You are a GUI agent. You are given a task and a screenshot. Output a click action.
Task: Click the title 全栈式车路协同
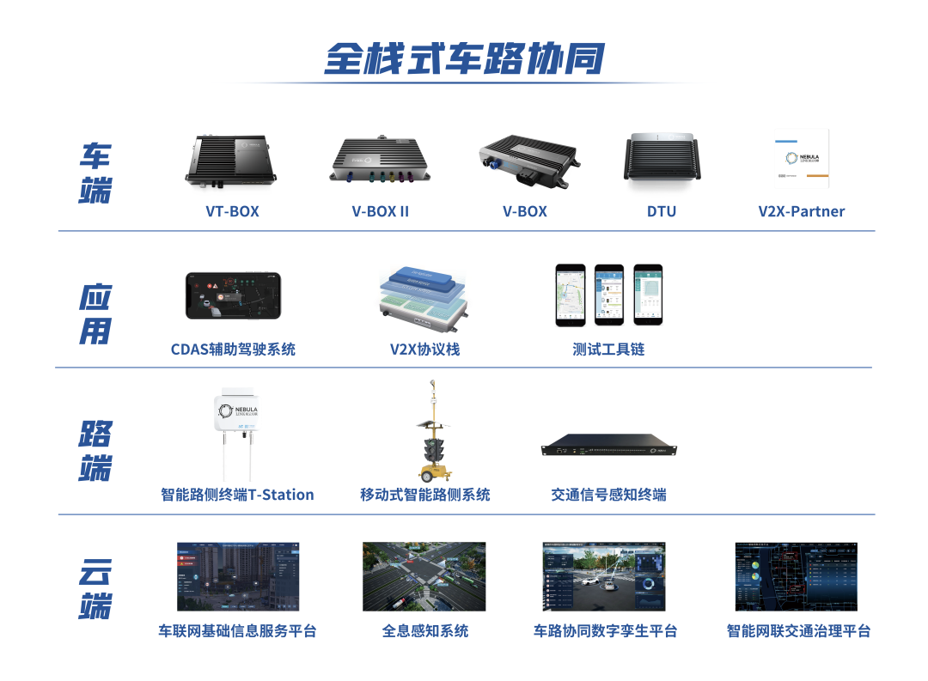[x=464, y=58]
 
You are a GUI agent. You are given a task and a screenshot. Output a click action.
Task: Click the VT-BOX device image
[x=231, y=163]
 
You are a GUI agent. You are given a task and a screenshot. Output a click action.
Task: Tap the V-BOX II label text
[x=380, y=211]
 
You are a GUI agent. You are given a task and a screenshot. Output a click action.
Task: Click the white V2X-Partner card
[x=802, y=158]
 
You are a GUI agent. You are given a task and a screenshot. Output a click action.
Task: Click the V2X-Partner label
[x=801, y=211]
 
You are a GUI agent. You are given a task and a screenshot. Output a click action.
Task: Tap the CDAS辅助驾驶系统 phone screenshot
[x=233, y=295]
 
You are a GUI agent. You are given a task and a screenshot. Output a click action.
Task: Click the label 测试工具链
[x=608, y=350]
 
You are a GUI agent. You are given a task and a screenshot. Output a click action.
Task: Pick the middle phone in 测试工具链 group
[x=608, y=294]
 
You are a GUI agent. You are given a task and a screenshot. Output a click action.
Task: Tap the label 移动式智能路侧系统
[x=424, y=495]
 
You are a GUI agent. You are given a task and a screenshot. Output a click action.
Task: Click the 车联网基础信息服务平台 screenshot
[x=238, y=576]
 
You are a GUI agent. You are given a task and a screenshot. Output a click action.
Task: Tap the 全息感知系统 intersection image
[x=424, y=576]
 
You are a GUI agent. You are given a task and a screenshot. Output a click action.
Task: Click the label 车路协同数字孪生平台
[x=605, y=631]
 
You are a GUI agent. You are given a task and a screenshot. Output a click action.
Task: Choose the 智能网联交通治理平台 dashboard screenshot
[x=796, y=576]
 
